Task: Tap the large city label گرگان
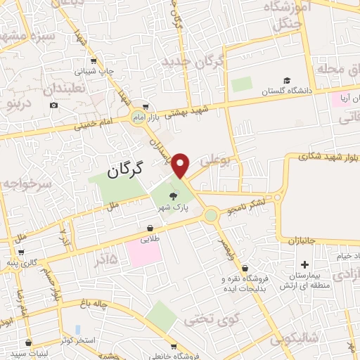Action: (126, 169)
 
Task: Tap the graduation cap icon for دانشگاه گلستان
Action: (286, 80)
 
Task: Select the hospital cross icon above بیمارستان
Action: (304, 264)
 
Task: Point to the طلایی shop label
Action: (149, 239)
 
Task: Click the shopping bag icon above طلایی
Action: (150, 228)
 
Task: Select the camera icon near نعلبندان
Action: (54, 105)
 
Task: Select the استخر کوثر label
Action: (78, 340)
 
